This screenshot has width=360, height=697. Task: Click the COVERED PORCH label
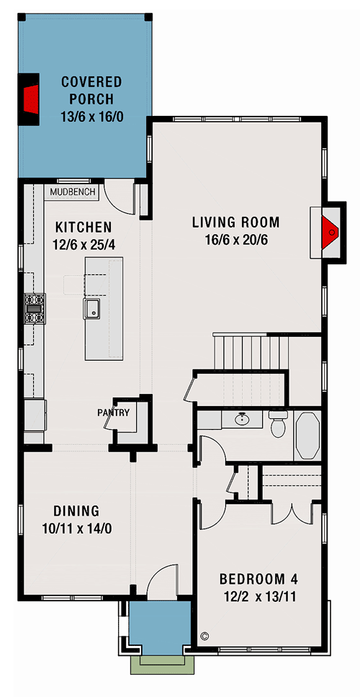pos(91,89)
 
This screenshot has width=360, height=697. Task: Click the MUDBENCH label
pos(71,193)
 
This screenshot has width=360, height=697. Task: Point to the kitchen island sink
pos(92,310)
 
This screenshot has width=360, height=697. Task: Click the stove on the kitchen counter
pos(35,307)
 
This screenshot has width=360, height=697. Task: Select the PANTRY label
pos(114,413)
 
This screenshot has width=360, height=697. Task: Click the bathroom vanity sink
pos(243,419)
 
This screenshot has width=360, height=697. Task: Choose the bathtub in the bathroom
pos(310,436)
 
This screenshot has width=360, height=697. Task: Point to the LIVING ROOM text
pos(235,222)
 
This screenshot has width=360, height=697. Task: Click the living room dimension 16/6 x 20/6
pos(235,240)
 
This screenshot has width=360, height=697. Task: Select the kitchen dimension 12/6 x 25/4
pos(84,245)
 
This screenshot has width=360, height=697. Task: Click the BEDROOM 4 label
pos(258,579)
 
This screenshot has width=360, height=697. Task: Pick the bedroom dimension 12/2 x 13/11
pos(258,596)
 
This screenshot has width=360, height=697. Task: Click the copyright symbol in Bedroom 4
pos(204,636)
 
